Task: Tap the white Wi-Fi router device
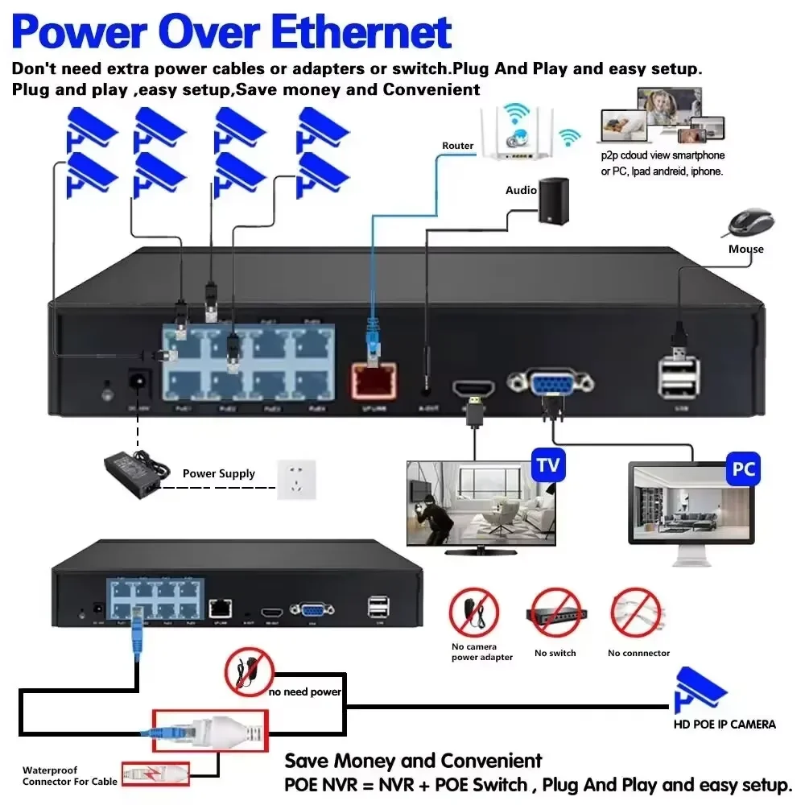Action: (x=519, y=133)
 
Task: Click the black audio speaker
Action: (x=553, y=201)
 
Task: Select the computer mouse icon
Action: (x=751, y=222)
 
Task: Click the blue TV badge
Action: (x=547, y=465)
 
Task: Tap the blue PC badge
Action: (x=743, y=468)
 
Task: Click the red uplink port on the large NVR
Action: (x=372, y=379)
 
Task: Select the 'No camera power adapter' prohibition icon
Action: (x=474, y=613)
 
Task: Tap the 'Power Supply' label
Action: (x=218, y=473)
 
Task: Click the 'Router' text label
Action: (x=457, y=146)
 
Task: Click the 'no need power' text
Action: (x=305, y=691)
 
